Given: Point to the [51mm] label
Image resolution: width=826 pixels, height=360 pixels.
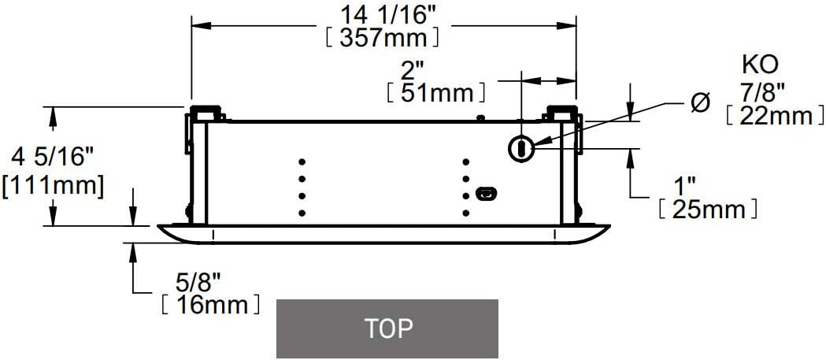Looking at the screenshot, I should [x=435, y=93].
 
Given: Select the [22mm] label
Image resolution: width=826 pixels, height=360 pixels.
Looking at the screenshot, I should [x=769, y=116].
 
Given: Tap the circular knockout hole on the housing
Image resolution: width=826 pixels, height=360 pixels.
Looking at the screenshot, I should [x=520, y=147].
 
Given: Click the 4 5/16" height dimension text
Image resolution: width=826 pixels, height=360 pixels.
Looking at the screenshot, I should [x=49, y=157].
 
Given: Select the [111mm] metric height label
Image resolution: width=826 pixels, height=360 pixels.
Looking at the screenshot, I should [x=53, y=186].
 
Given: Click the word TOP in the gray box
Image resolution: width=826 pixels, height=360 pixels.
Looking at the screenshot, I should [x=387, y=328].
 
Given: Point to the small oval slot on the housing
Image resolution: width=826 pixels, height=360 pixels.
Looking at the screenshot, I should [x=486, y=193].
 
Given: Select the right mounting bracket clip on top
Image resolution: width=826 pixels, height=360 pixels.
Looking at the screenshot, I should [x=562, y=113].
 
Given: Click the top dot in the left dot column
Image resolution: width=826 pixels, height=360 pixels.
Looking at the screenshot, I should [x=302, y=161].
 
